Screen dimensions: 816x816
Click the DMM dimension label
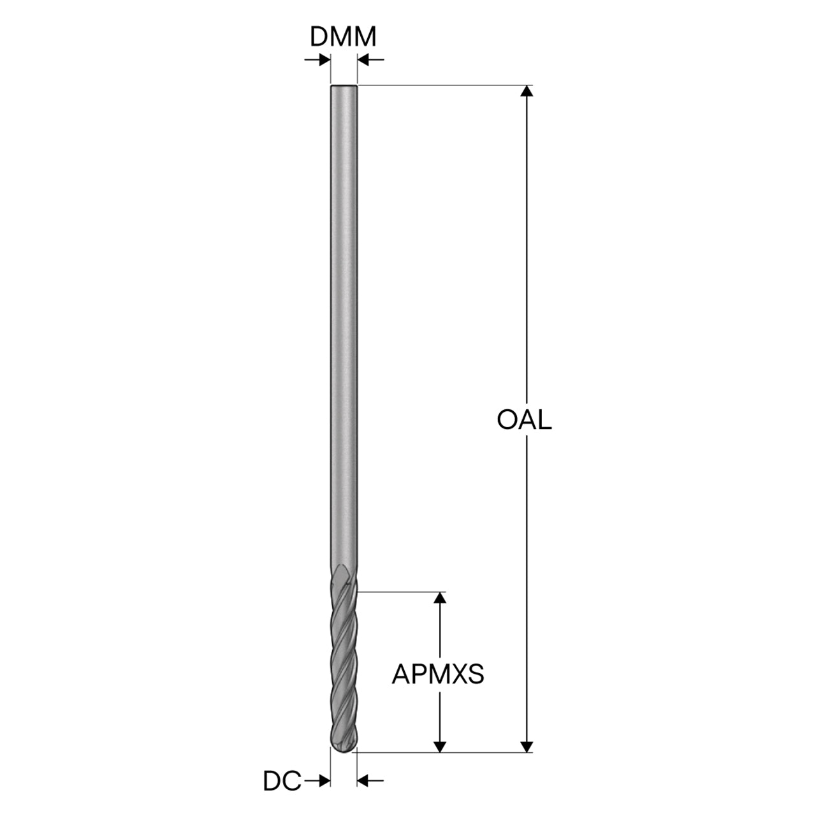coord(343,37)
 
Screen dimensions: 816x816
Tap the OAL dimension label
coord(524,420)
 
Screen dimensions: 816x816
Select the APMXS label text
coord(438,674)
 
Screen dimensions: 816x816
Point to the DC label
coord(282,781)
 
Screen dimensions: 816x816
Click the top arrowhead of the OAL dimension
coord(527,91)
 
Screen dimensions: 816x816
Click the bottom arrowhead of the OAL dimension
coord(527,747)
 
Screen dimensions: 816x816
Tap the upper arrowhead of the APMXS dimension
coord(441,597)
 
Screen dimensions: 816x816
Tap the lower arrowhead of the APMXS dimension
coord(441,747)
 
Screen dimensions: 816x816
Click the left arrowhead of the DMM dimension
coord(324,60)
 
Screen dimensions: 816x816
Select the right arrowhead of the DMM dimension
coord(364,60)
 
